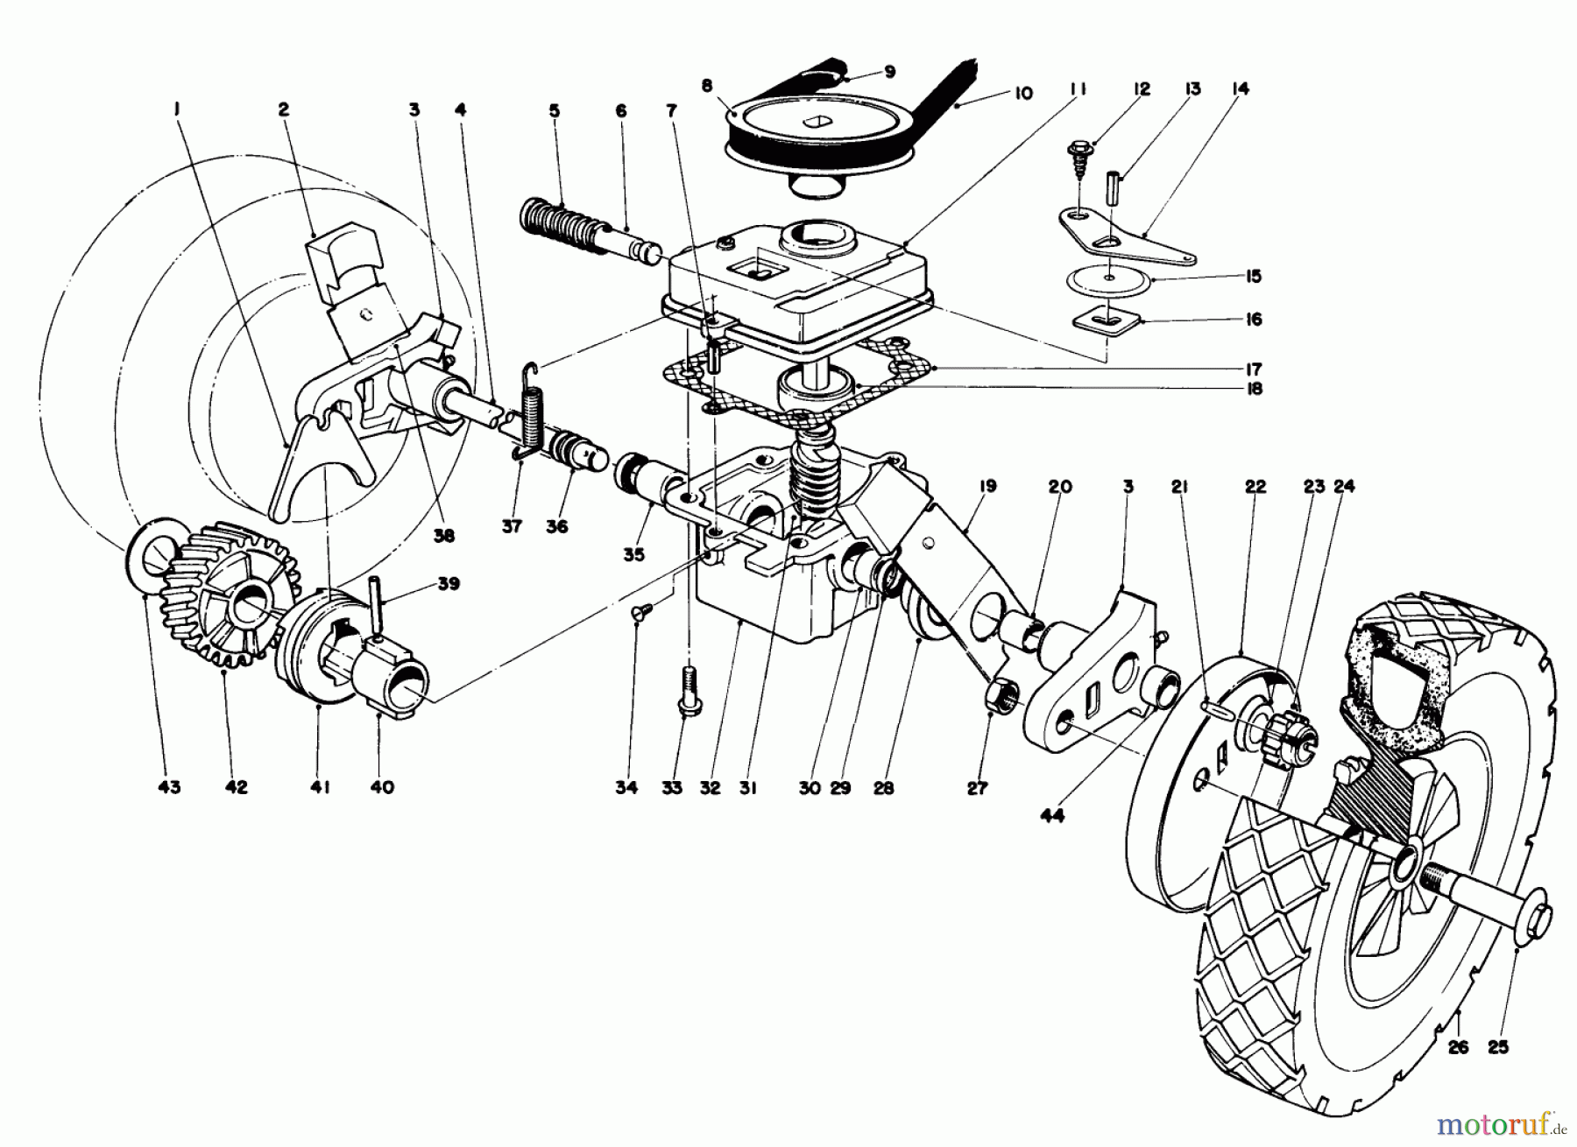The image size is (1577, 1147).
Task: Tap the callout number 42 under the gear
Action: [236, 786]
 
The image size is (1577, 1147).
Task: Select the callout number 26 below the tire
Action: [1458, 1046]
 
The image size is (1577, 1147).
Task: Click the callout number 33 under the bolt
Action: [672, 788]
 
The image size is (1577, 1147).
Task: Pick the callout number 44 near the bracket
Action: [1052, 816]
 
